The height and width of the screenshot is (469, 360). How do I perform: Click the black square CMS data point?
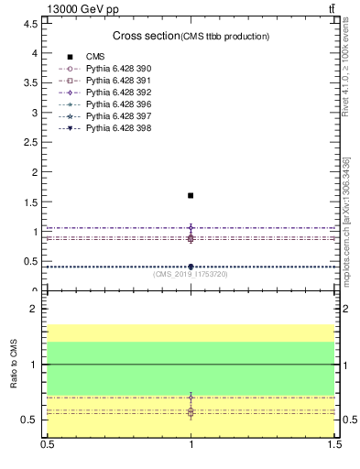click(x=191, y=195)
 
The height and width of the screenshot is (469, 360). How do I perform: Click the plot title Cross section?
click(x=145, y=36)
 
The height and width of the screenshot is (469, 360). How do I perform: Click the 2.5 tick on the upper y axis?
click(x=33, y=142)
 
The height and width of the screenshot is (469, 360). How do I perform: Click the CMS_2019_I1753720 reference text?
click(x=190, y=274)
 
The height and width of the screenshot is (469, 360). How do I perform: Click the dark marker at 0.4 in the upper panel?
click(x=191, y=267)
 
